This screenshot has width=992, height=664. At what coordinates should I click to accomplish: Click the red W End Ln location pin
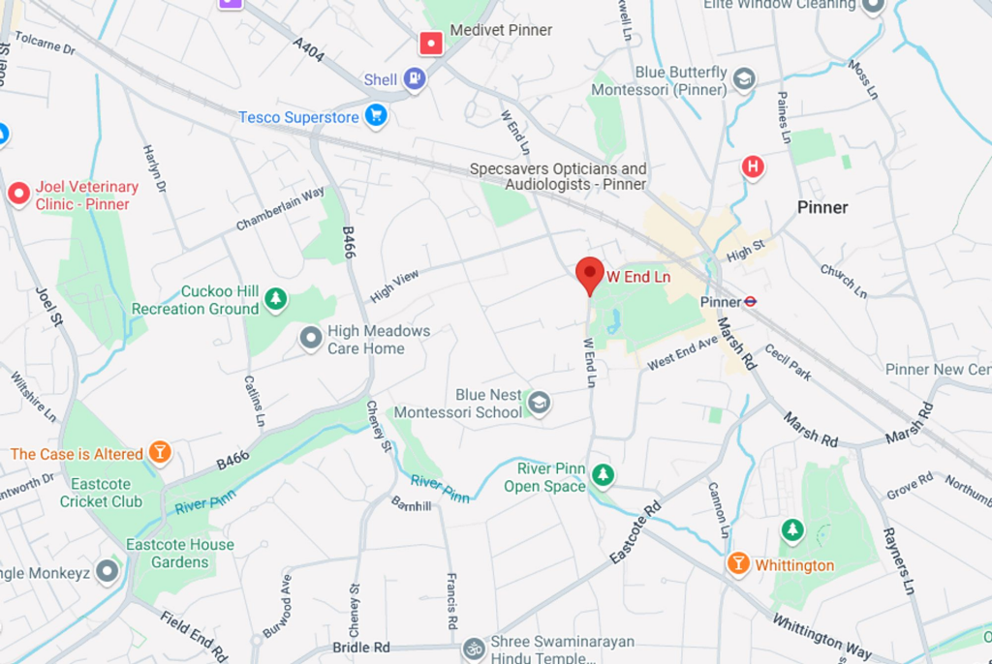[589, 274]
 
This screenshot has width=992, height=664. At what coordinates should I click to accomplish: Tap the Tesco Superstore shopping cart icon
[376, 116]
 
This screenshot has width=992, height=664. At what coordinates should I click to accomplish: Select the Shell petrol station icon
[415, 78]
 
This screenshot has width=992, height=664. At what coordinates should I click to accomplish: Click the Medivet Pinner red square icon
[431, 43]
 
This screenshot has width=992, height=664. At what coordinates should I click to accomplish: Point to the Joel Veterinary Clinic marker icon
[18, 195]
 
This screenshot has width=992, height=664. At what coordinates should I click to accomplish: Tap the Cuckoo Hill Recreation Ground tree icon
[276, 299]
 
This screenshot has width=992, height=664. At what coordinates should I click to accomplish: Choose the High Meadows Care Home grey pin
[311, 338]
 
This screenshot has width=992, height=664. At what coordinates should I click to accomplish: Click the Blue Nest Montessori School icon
[539, 403]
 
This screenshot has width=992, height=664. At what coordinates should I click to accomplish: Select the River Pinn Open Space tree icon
[603, 475]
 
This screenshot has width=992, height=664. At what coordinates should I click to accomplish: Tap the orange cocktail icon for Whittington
[738, 563]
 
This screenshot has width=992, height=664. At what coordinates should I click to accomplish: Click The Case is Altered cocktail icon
[160, 453]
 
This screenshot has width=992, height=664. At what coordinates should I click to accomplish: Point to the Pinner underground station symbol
[751, 301]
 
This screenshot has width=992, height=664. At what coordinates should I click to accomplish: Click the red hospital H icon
[753, 167]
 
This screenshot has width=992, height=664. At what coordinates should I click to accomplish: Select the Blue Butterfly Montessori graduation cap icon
[744, 79]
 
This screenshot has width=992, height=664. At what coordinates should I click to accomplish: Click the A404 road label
[308, 48]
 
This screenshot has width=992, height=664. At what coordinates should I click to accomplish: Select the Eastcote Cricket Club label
[101, 493]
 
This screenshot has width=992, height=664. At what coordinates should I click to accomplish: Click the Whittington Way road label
[821, 634]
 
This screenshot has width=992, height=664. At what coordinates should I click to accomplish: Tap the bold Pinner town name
[822, 207]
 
